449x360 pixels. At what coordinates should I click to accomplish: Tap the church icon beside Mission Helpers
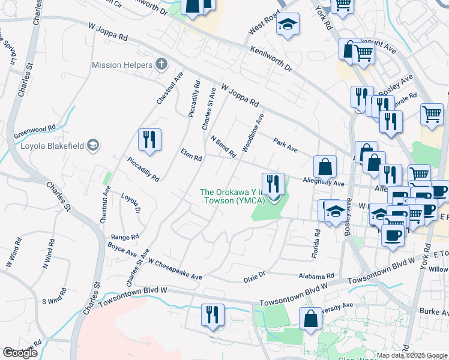tap(161, 64)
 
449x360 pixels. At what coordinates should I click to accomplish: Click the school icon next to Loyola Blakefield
tap(93, 145)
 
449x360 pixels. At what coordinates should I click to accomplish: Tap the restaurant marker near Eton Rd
tap(149, 139)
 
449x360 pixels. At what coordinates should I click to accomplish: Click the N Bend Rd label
tap(224, 146)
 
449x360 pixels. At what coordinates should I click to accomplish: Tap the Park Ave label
tap(285, 145)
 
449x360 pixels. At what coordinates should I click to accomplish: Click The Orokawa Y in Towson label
tap(233, 196)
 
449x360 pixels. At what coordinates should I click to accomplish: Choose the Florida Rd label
tap(316, 244)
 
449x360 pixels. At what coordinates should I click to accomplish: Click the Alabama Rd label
tap(316, 276)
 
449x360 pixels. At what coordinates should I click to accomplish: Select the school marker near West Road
tap(288, 24)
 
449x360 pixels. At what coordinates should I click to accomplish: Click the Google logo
tap(20, 353)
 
